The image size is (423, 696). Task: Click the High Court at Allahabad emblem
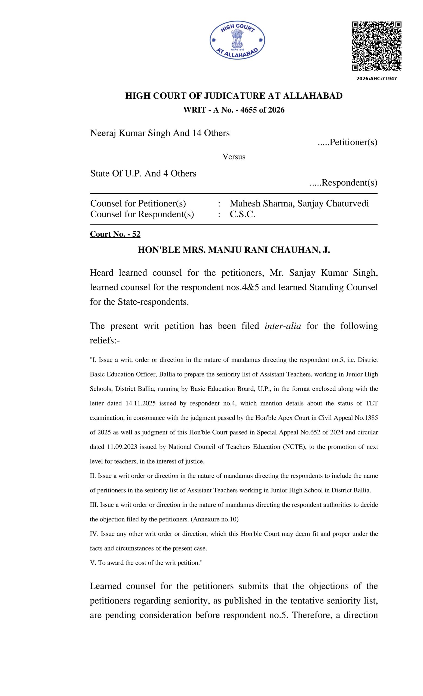pos(237,40)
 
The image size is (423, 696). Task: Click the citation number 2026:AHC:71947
pos(376,79)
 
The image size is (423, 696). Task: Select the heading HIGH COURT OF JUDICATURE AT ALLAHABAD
pos(234,96)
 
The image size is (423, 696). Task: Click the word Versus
pos(234,157)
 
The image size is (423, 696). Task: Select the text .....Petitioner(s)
pos(348,142)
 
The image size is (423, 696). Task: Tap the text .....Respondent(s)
pos(343,182)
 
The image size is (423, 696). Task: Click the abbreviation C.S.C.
pos(242,215)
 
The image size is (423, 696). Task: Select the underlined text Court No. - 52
pos(115,234)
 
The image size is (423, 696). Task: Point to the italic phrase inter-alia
pos(283,326)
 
